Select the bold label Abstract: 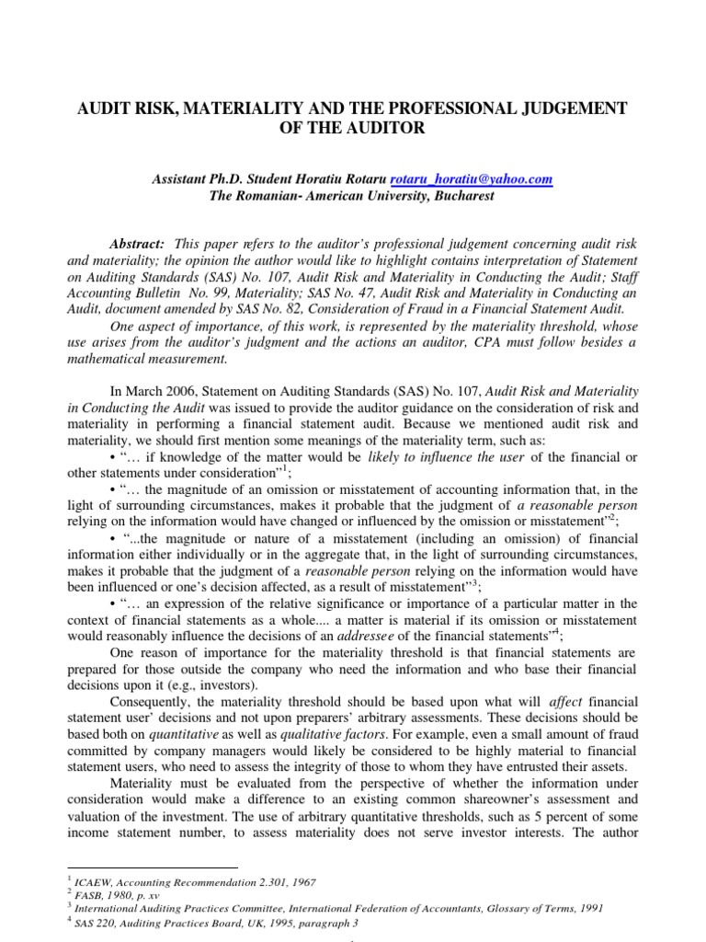click(137, 242)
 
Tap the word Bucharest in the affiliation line click(458, 196)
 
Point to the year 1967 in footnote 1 click(301, 882)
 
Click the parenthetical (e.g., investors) click(207, 686)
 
